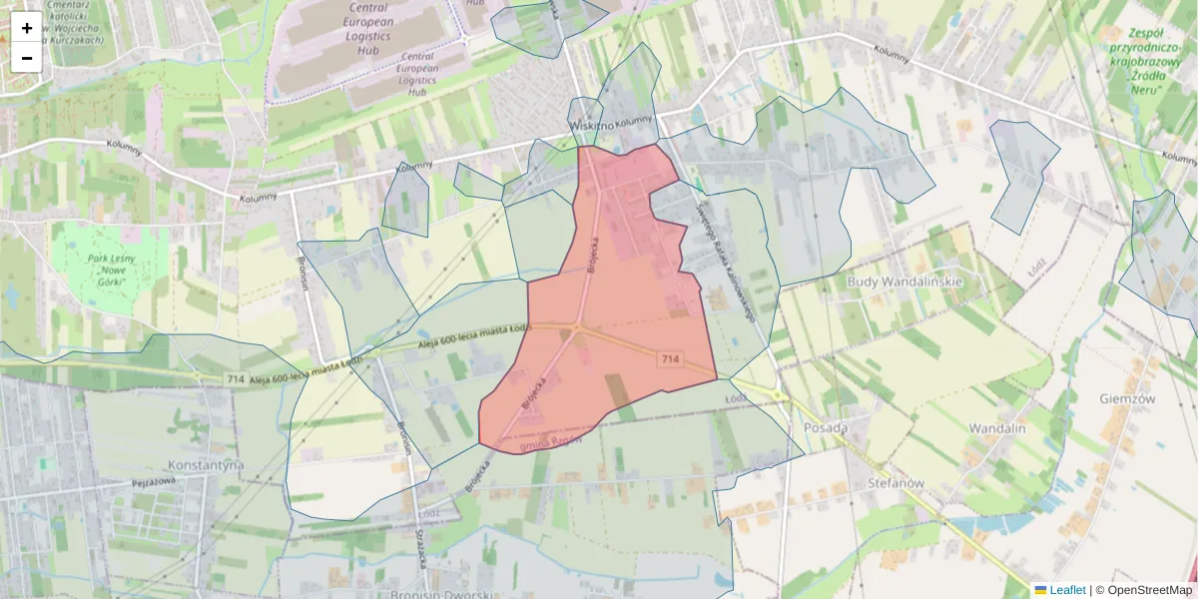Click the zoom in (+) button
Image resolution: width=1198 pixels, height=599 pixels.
point(27,28)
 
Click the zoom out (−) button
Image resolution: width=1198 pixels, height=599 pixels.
point(27,58)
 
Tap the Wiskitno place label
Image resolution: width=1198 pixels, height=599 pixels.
point(591,126)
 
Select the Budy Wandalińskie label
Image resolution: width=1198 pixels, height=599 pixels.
point(904,281)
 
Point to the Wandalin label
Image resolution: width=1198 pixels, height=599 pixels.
point(997,427)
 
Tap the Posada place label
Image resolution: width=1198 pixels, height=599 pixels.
point(826,427)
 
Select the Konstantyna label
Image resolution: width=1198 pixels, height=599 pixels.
point(207,465)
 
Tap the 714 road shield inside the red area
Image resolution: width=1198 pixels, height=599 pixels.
point(670,358)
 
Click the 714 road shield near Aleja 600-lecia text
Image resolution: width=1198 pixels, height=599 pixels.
point(236,378)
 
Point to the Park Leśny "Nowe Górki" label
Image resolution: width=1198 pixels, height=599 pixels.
point(111,270)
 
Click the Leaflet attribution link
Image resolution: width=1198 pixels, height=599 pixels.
point(1066,590)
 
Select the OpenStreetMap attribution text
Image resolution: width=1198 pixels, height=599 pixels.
point(1149,590)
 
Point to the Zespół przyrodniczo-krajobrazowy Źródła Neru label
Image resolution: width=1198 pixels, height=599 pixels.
point(1144,60)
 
